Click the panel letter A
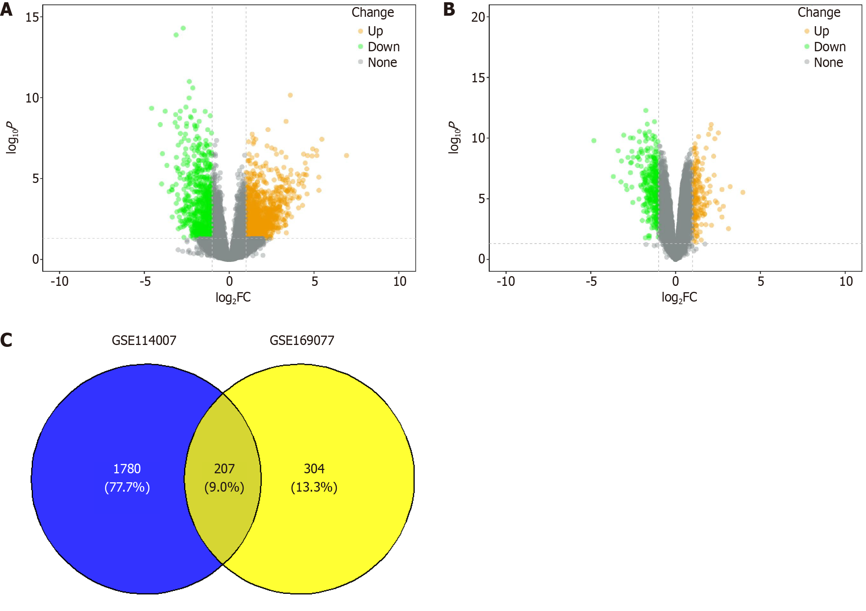[x=6, y=9]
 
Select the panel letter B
[x=449, y=9]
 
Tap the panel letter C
[x=6, y=340]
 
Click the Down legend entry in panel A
[x=383, y=47]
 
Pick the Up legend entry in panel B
[x=821, y=31]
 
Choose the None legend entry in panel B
[x=828, y=62]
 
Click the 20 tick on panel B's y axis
[x=478, y=17]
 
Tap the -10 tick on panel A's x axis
[x=60, y=281]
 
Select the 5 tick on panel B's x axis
[x=761, y=281]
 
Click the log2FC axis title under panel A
[x=233, y=297]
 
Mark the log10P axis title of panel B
[x=454, y=138]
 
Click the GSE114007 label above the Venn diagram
[x=144, y=340]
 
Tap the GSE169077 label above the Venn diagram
[x=302, y=340]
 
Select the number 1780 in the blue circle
[x=127, y=469]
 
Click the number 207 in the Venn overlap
[x=225, y=469]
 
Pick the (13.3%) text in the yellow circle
[x=314, y=487]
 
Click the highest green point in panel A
[x=183, y=28]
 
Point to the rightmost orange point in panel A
[x=347, y=155]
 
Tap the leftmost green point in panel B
[x=594, y=141]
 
